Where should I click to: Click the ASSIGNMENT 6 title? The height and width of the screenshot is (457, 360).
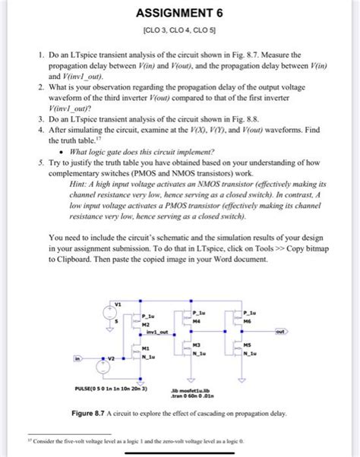[180, 13]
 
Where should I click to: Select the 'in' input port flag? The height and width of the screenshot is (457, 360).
[77, 358]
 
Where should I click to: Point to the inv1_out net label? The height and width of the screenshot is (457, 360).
[156, 332]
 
